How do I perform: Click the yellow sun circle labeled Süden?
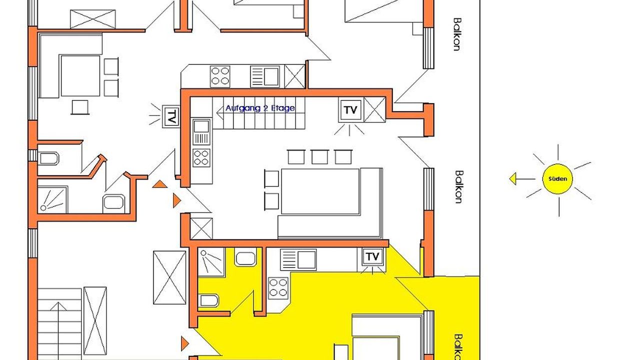[557, 179]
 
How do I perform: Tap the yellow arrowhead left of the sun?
[513, 179]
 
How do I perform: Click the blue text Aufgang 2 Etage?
[260, 108]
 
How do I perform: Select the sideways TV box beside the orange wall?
[171, 116]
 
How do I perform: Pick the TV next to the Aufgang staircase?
[350, 109]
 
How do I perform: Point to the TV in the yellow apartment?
[372, 256]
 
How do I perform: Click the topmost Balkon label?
[457, 34]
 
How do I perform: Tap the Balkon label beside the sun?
[458, 187]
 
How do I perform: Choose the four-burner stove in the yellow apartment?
[278, 287]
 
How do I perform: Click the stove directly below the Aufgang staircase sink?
[201, 157]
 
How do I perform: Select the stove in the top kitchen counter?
[220, 76]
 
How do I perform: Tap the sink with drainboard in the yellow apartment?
[298, 259]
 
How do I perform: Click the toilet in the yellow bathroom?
[209, 300]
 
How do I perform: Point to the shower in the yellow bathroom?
[211, 262]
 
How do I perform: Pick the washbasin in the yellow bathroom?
[245, 257]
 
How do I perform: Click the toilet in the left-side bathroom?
[48, 158]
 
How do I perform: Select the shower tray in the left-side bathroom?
[53, 199]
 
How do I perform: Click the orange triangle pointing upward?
[159, 184]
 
